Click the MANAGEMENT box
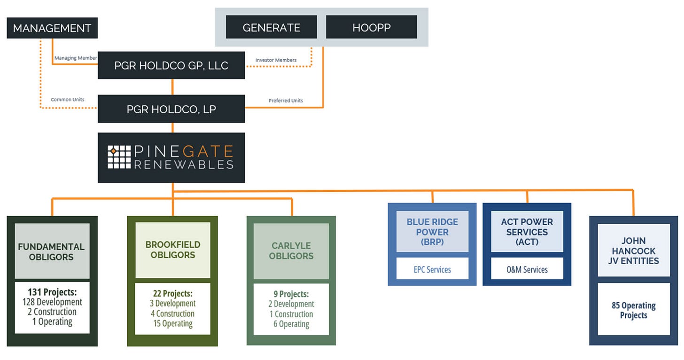[52, 28]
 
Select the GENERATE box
[271, 27]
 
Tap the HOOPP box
[371, 27]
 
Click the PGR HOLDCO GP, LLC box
[171, 65]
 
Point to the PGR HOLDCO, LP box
[171, 109]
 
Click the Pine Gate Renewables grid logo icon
[119, 157]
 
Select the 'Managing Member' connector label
[75, 58]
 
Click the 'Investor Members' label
[276, 60]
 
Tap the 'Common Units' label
[68, 100]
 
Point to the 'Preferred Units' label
[286, 101]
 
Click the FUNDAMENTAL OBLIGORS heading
[51, 251]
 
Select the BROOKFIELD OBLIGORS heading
[172, 250]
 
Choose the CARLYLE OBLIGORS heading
[292, 250]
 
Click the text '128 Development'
[52, 302]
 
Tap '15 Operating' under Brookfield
[173, 323]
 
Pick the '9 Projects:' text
[291, 294]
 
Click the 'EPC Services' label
[432, 270]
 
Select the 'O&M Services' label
[527, 270]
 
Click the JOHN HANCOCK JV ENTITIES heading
[633, 250]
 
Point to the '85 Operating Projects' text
[633, 310]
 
